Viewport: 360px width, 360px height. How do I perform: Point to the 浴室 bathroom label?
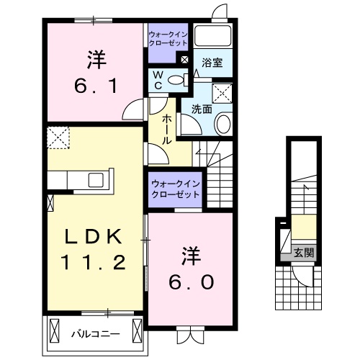click(x=212, y=63)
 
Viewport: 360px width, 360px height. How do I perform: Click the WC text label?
click(x=159, y=80)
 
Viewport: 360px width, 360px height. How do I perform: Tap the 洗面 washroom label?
click(x=202, y=109)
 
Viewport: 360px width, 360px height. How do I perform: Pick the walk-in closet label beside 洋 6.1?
click(x=168, y=38)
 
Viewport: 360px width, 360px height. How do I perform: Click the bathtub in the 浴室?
click(x=213, y=37)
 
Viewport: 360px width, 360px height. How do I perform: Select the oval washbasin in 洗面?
click(x=222, y=125)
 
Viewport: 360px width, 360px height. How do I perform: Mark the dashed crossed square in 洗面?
click(x=222, y=92)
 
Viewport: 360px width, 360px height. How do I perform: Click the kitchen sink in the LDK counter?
click(x=96, y=179)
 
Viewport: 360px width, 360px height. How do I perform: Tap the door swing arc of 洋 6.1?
click(x=133, y=112)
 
